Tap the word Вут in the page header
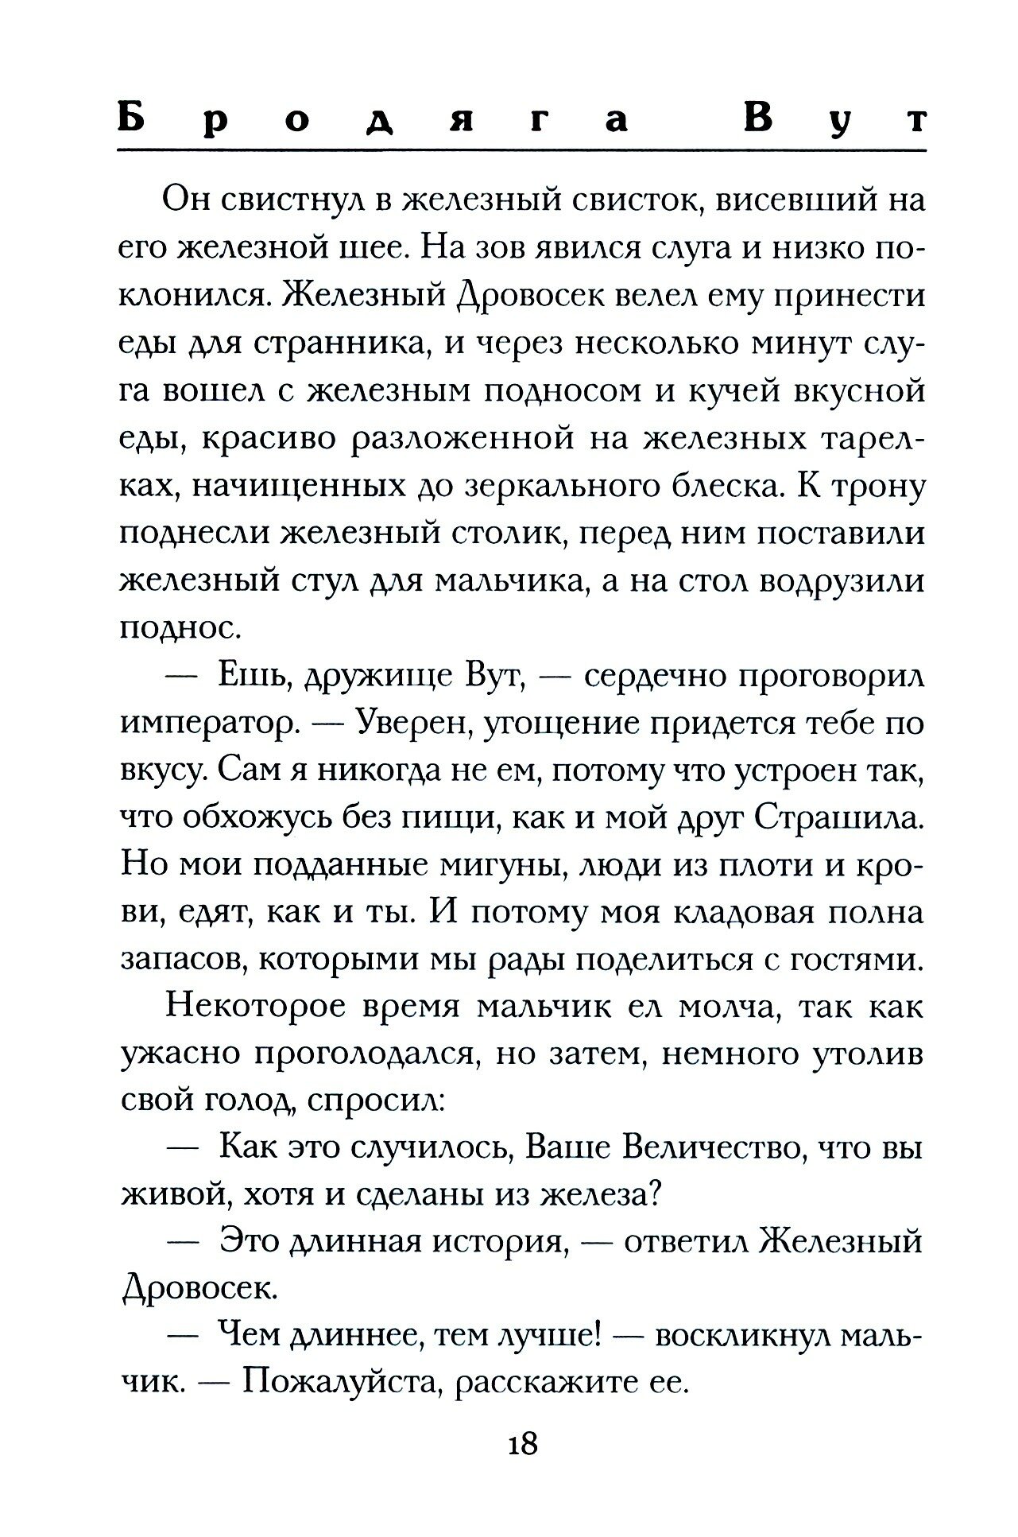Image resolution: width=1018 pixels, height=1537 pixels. point(834,120)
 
